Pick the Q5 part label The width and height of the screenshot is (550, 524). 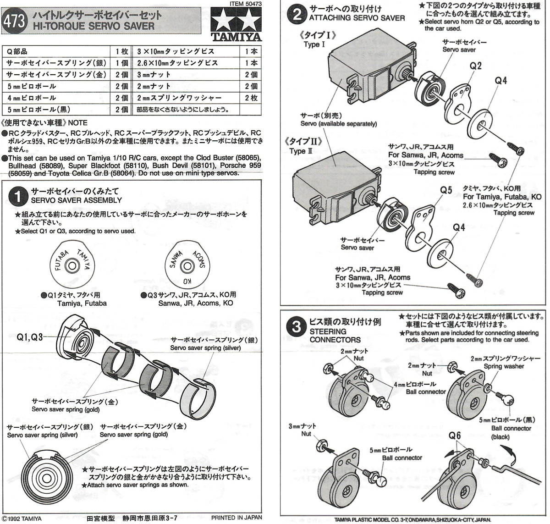[445, 190]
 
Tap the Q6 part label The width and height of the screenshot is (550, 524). [455, 436]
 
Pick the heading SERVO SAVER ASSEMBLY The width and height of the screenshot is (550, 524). [76, 200]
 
